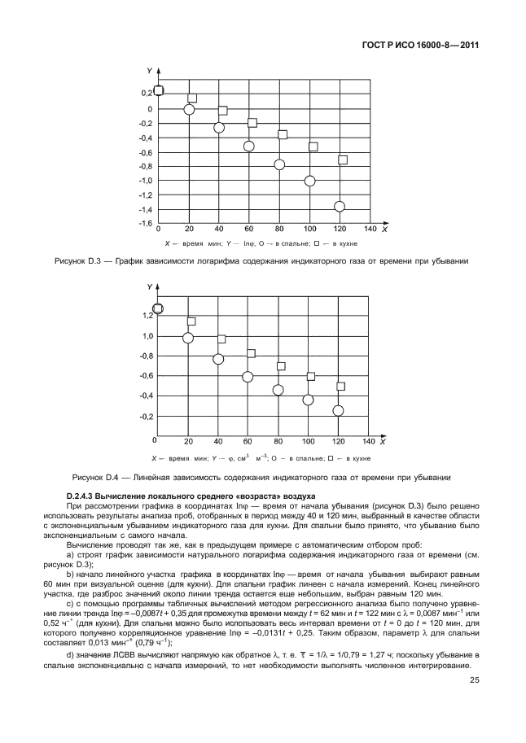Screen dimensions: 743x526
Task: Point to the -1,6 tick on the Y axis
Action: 143,223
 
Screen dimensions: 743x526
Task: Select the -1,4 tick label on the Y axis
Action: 143,209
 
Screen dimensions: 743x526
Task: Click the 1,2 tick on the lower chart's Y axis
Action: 147,315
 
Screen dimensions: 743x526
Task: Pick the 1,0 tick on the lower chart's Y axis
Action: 147,335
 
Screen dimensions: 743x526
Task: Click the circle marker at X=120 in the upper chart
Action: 340,207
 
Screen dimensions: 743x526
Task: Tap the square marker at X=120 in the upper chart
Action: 343,160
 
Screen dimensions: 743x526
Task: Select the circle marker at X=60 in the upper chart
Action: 249,146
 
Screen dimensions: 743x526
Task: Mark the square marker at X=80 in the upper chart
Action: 283,134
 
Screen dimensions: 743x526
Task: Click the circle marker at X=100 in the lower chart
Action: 309,400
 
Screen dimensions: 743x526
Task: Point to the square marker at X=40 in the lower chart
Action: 221,339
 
